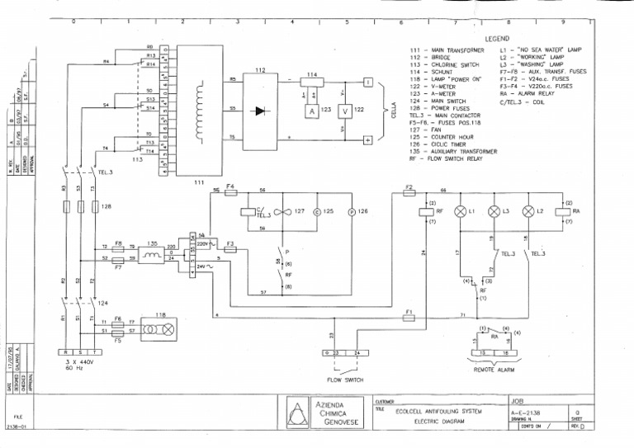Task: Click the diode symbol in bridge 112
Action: [x=262, y=110]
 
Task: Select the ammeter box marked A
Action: [x=312, y=110]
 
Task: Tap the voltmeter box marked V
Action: [x=345, y=110]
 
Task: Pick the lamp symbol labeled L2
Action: [x=528, y=212]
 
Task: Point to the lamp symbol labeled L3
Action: [x=494, y=212]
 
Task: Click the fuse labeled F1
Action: [x=409, y=315]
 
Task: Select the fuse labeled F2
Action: [x=409, y=190]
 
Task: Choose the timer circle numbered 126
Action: [x=351, y=212]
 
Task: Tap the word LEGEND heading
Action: [x=497, y=39]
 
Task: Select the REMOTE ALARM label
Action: [x=494, y=370]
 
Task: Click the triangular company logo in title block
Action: [x=296, y=412]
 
